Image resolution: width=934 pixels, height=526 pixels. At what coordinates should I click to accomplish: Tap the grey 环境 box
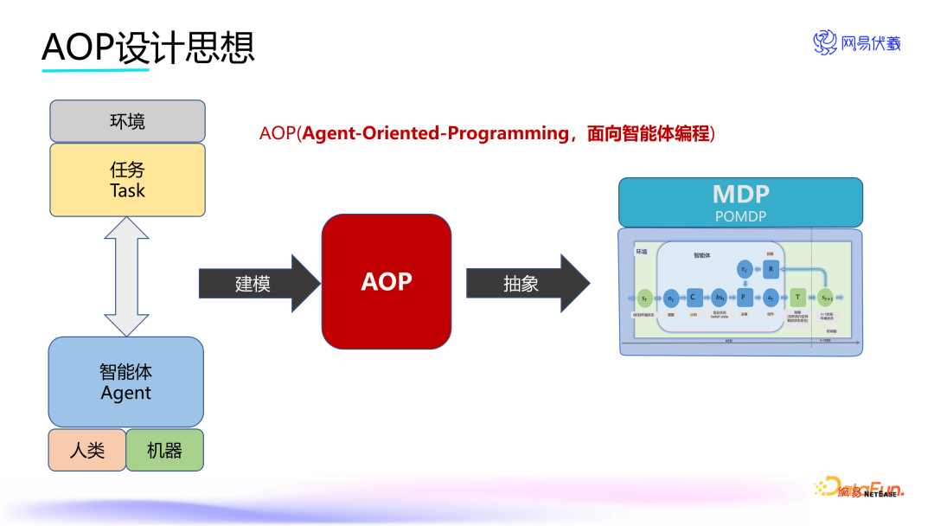pyautogui.click(x=127, y=121)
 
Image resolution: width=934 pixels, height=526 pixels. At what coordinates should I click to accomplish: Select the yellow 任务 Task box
pyautogui.click(x=127, y=180)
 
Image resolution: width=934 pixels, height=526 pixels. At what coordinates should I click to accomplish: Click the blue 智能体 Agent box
pyautogui.click(x=126, y=382)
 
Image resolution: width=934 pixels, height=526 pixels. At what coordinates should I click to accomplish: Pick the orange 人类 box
pyautogui.click(x=86, y=450)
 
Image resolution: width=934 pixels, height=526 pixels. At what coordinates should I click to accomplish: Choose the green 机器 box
pyautogui.click(x=164, y=450)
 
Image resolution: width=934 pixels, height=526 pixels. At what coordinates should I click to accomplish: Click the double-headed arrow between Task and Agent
pyautogui.click(x=127, y=276)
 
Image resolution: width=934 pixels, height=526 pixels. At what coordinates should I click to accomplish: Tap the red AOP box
pyautogui.click(x=387, y=281)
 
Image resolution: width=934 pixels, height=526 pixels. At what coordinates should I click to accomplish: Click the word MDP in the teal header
pyautogui.click(x=740, y=194)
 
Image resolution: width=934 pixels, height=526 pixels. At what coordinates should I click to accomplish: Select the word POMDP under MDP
pyautogui.click(x=740, y=215)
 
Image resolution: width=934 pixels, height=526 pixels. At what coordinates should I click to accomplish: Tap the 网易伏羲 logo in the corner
pyautogui.click(x=856, y=42)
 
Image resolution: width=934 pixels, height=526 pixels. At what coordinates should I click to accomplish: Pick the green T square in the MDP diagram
pyautogui.click(x=796, y=297)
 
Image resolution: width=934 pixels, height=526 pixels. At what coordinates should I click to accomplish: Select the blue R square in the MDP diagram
pyautogui.click(x=771, y=269)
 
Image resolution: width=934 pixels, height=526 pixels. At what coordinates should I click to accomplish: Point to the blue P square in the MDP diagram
pyautogui.click(x=744, y=297)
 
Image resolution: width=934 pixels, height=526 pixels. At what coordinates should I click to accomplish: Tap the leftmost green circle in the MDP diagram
pyautogui.click(x=645, y=297)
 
